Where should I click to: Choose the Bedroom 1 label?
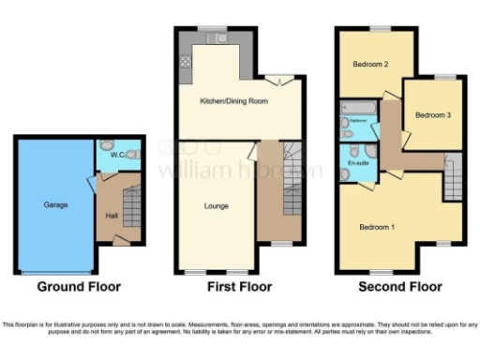point(378,227)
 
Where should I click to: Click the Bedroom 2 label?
point(370,65)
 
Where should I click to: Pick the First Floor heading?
point(239,286)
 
